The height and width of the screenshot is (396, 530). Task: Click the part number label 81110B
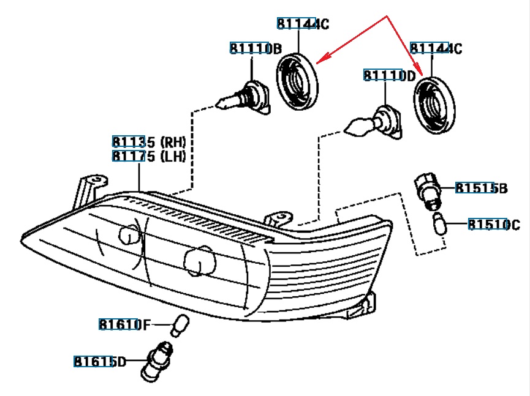(256, 48)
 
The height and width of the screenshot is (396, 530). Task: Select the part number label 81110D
(389, 75)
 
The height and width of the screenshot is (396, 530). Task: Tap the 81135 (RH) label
(149, 143)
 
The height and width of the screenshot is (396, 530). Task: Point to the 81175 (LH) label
(149, 156)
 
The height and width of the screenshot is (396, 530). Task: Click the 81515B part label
(481, 188)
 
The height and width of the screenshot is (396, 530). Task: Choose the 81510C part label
(494, 225)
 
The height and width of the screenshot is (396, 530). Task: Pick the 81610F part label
(124, 324)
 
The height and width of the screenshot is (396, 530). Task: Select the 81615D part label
(100, 362)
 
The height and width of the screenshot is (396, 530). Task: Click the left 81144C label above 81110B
(303, 24)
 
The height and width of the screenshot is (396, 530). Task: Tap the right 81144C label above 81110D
(436, 48)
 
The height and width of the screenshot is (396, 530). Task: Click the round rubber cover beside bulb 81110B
(298, 81)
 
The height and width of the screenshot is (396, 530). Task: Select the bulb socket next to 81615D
(157, 361)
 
